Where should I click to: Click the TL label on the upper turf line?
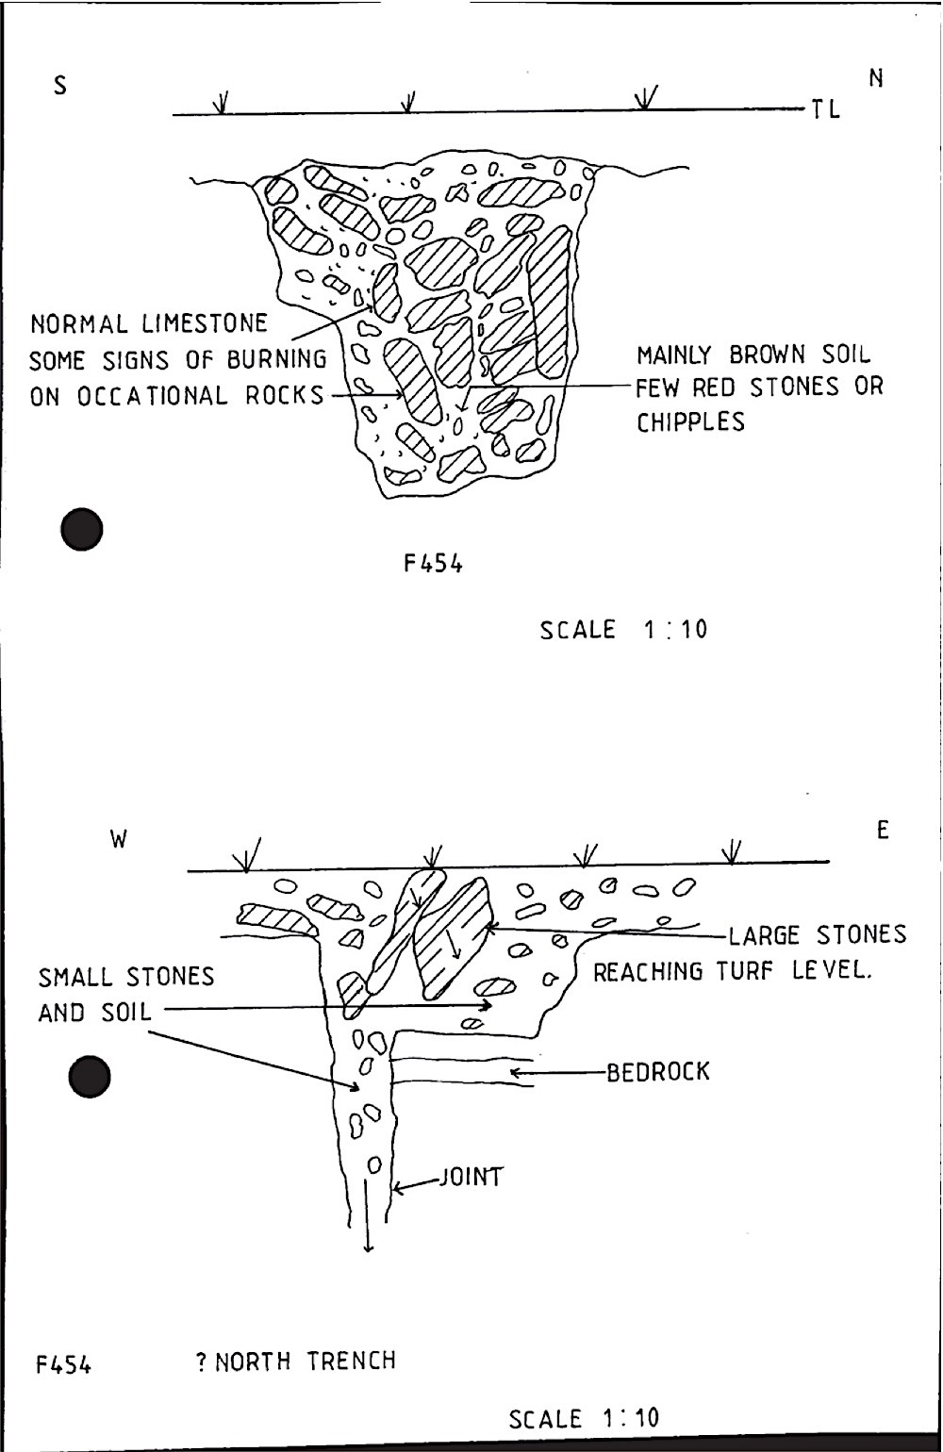click(x=824, y=109)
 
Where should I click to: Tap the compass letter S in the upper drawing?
click(x=60, y=87)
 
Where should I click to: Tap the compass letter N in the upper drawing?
click(x=876, y=79)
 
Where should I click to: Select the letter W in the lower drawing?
click(x=119, y=839)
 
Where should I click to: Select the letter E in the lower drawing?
click(x=883, y=831)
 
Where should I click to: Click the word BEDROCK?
click(x=657, y=1072)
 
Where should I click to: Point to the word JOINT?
click(x=470, y=1178)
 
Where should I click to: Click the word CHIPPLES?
click(x=690, y=422)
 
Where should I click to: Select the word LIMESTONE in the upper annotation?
click(x=205, y=324)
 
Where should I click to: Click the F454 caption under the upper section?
click(x=434, y=564)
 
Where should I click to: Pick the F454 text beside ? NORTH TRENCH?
click(x=63, y=1364)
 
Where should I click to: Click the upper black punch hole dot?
click(x=81, y=529)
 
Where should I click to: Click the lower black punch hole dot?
click(x=91, y=1077)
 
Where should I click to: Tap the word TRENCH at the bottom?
click(x=351, y=1361)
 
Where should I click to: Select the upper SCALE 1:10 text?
click(x=623, y=629)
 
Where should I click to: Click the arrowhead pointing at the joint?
click(x=398, y=1187)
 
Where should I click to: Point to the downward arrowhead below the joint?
click(x=368, y=1248)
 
